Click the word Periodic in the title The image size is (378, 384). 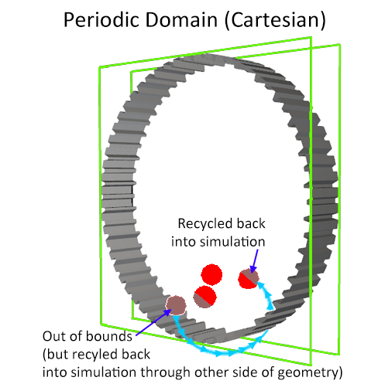101,20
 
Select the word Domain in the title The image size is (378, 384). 182,20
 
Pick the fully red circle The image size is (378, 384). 211,274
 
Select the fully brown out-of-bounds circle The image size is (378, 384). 176,305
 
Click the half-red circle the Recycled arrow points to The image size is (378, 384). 248,278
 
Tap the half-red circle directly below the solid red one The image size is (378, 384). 204,297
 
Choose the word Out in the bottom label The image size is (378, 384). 53,336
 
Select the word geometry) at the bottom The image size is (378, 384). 310,373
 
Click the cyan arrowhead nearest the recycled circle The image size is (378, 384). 261,285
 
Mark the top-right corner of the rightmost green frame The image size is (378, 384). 340,44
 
